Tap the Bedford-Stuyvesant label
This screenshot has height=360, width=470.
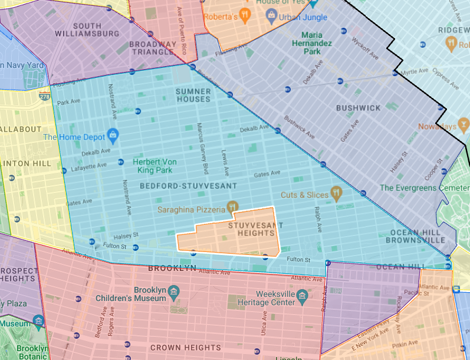tap(188, 186)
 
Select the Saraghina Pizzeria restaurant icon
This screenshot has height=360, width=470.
tap(233, 207)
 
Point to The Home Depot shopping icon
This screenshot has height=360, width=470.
tap(113, 135)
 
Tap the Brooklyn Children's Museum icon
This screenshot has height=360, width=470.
tap(173, 292)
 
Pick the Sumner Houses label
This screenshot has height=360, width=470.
tap(193, 95)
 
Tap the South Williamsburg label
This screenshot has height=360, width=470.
tap(96, 30)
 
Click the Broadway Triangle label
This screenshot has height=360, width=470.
tap(153, 48)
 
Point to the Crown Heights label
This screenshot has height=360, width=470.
tap(186, 348)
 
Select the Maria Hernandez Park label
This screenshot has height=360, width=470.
tap(321, 44)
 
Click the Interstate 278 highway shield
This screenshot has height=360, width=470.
tap(44, 96)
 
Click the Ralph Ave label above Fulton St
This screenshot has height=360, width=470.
tap(318, 219)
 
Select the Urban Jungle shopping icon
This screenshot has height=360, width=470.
tap(272, 17)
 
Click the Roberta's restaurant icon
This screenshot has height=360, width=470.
tap(245, 17)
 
